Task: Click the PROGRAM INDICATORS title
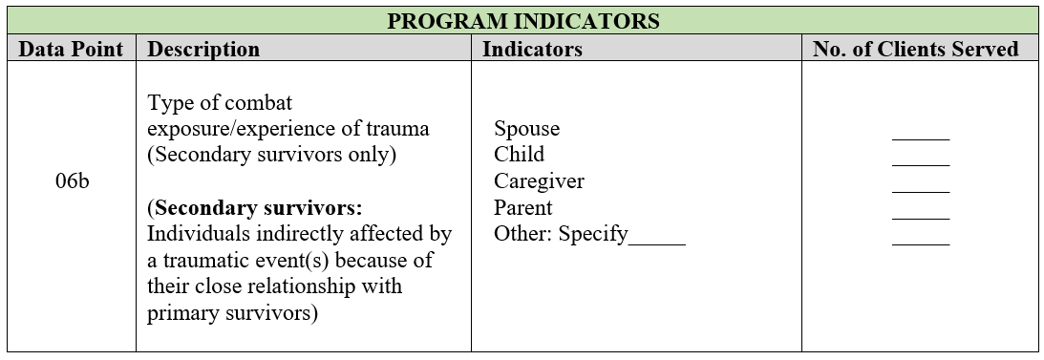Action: [523, 21]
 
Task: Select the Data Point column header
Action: [71, 49]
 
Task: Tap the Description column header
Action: [203, 50]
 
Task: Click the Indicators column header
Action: [532, 49]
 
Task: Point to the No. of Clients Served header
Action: [916, 49]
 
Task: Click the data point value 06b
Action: [72, 181]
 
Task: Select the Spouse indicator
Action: [526, 129]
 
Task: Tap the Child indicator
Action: [520, 155]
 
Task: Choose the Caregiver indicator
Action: [540, 181]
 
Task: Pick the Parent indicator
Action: [523, 207]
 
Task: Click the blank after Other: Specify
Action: [657, 244]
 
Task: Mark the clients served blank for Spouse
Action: [921, 139]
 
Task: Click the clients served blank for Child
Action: [921, 165]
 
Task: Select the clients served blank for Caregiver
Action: [921, 192]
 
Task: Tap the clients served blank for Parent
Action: [921, 219]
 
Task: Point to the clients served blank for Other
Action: [921, 244]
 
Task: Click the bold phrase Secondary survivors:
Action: [257, 208]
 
